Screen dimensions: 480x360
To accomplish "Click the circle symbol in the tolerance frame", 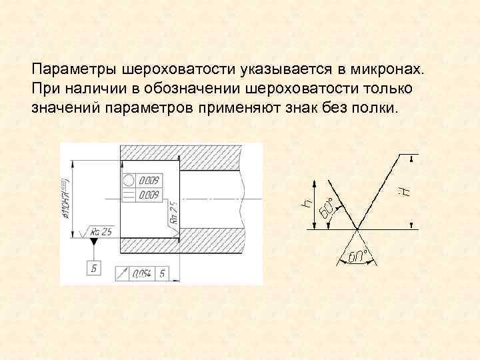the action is (x=129, y=180).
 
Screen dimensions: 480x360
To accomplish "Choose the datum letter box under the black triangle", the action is (x=93, y=268).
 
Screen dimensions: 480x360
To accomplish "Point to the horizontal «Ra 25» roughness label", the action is (x=101, y=231).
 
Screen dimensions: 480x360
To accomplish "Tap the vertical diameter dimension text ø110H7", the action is (x=67, y=199).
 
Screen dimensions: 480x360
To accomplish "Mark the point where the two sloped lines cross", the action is (x=357, y=229).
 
